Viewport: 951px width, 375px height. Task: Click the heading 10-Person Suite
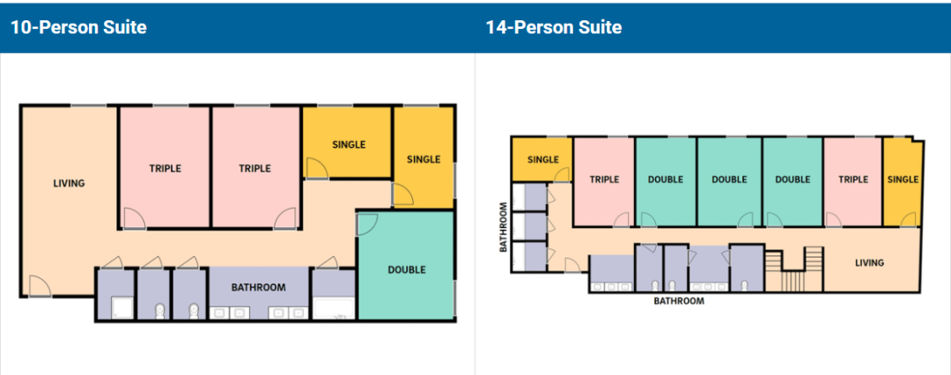pyautogui.click(x=78, y=27)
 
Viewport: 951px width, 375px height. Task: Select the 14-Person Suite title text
pyautogui.click(x=553, y=27)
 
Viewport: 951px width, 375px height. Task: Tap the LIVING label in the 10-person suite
pyautogui.click(x=69, y=182)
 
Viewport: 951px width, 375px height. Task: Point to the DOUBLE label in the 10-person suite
pyautogui.click(x=406, y=269)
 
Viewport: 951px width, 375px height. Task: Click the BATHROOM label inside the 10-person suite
pyautogui.click(x=258, y=287)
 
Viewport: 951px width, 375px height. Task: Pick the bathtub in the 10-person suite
pyautogui.click(x=333, y=307)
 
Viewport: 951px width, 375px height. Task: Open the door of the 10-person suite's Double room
pyautogui.click(x=366, y=224)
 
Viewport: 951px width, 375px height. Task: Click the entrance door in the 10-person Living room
pyautogui.click(x=40, y=285)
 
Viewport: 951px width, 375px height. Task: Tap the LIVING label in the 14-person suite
pyautogui.click(x=869, y=262)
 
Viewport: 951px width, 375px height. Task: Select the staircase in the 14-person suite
pyautogui.click(x=794, y=268)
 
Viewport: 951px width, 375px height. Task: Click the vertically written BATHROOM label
pyautogui.click(x=503, y=227)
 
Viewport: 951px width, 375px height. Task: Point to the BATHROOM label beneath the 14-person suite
pyautogui.click(x=679, y=300)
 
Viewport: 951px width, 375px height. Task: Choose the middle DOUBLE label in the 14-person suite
pyautogui.click(x=729, y=180)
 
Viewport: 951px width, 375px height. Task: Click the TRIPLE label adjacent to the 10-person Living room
pyautogui.click(x=165, y=168)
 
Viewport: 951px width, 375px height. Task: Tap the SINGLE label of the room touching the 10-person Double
pyautogui.click(x=424, y=159)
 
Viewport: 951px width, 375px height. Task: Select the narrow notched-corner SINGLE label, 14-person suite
pyautogui.click(x=903, y=180)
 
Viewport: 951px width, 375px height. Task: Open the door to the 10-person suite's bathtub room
pyautogui.click(x=327, y=262)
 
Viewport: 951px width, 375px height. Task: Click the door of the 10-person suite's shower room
pyautogui.click(x=111, y=262)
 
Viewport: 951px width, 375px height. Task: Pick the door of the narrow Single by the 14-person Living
pyautogui.click(x=908, y=220)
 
